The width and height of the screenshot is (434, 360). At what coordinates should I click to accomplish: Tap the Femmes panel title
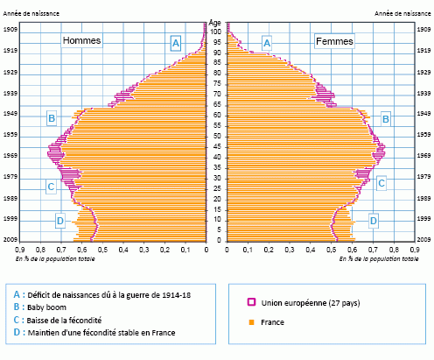pyautogui.click(x=336, y=41)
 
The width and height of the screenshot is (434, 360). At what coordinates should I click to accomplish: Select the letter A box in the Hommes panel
pyautogui.click(x=176, y=42)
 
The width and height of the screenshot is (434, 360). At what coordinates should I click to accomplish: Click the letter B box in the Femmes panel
pyautogui.click(x=386, y=117)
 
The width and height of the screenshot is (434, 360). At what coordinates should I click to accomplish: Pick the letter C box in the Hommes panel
pyautogui.click(x=52, y=187)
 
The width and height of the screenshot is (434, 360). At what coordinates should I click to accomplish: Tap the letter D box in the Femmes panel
pyautogui.click(x=374, y=221)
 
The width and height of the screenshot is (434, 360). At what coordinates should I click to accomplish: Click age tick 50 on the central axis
pyautogui.click(x=217, y=136)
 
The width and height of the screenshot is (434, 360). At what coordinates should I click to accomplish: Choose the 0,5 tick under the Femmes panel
pyautogui.click(x=331, y=250)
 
